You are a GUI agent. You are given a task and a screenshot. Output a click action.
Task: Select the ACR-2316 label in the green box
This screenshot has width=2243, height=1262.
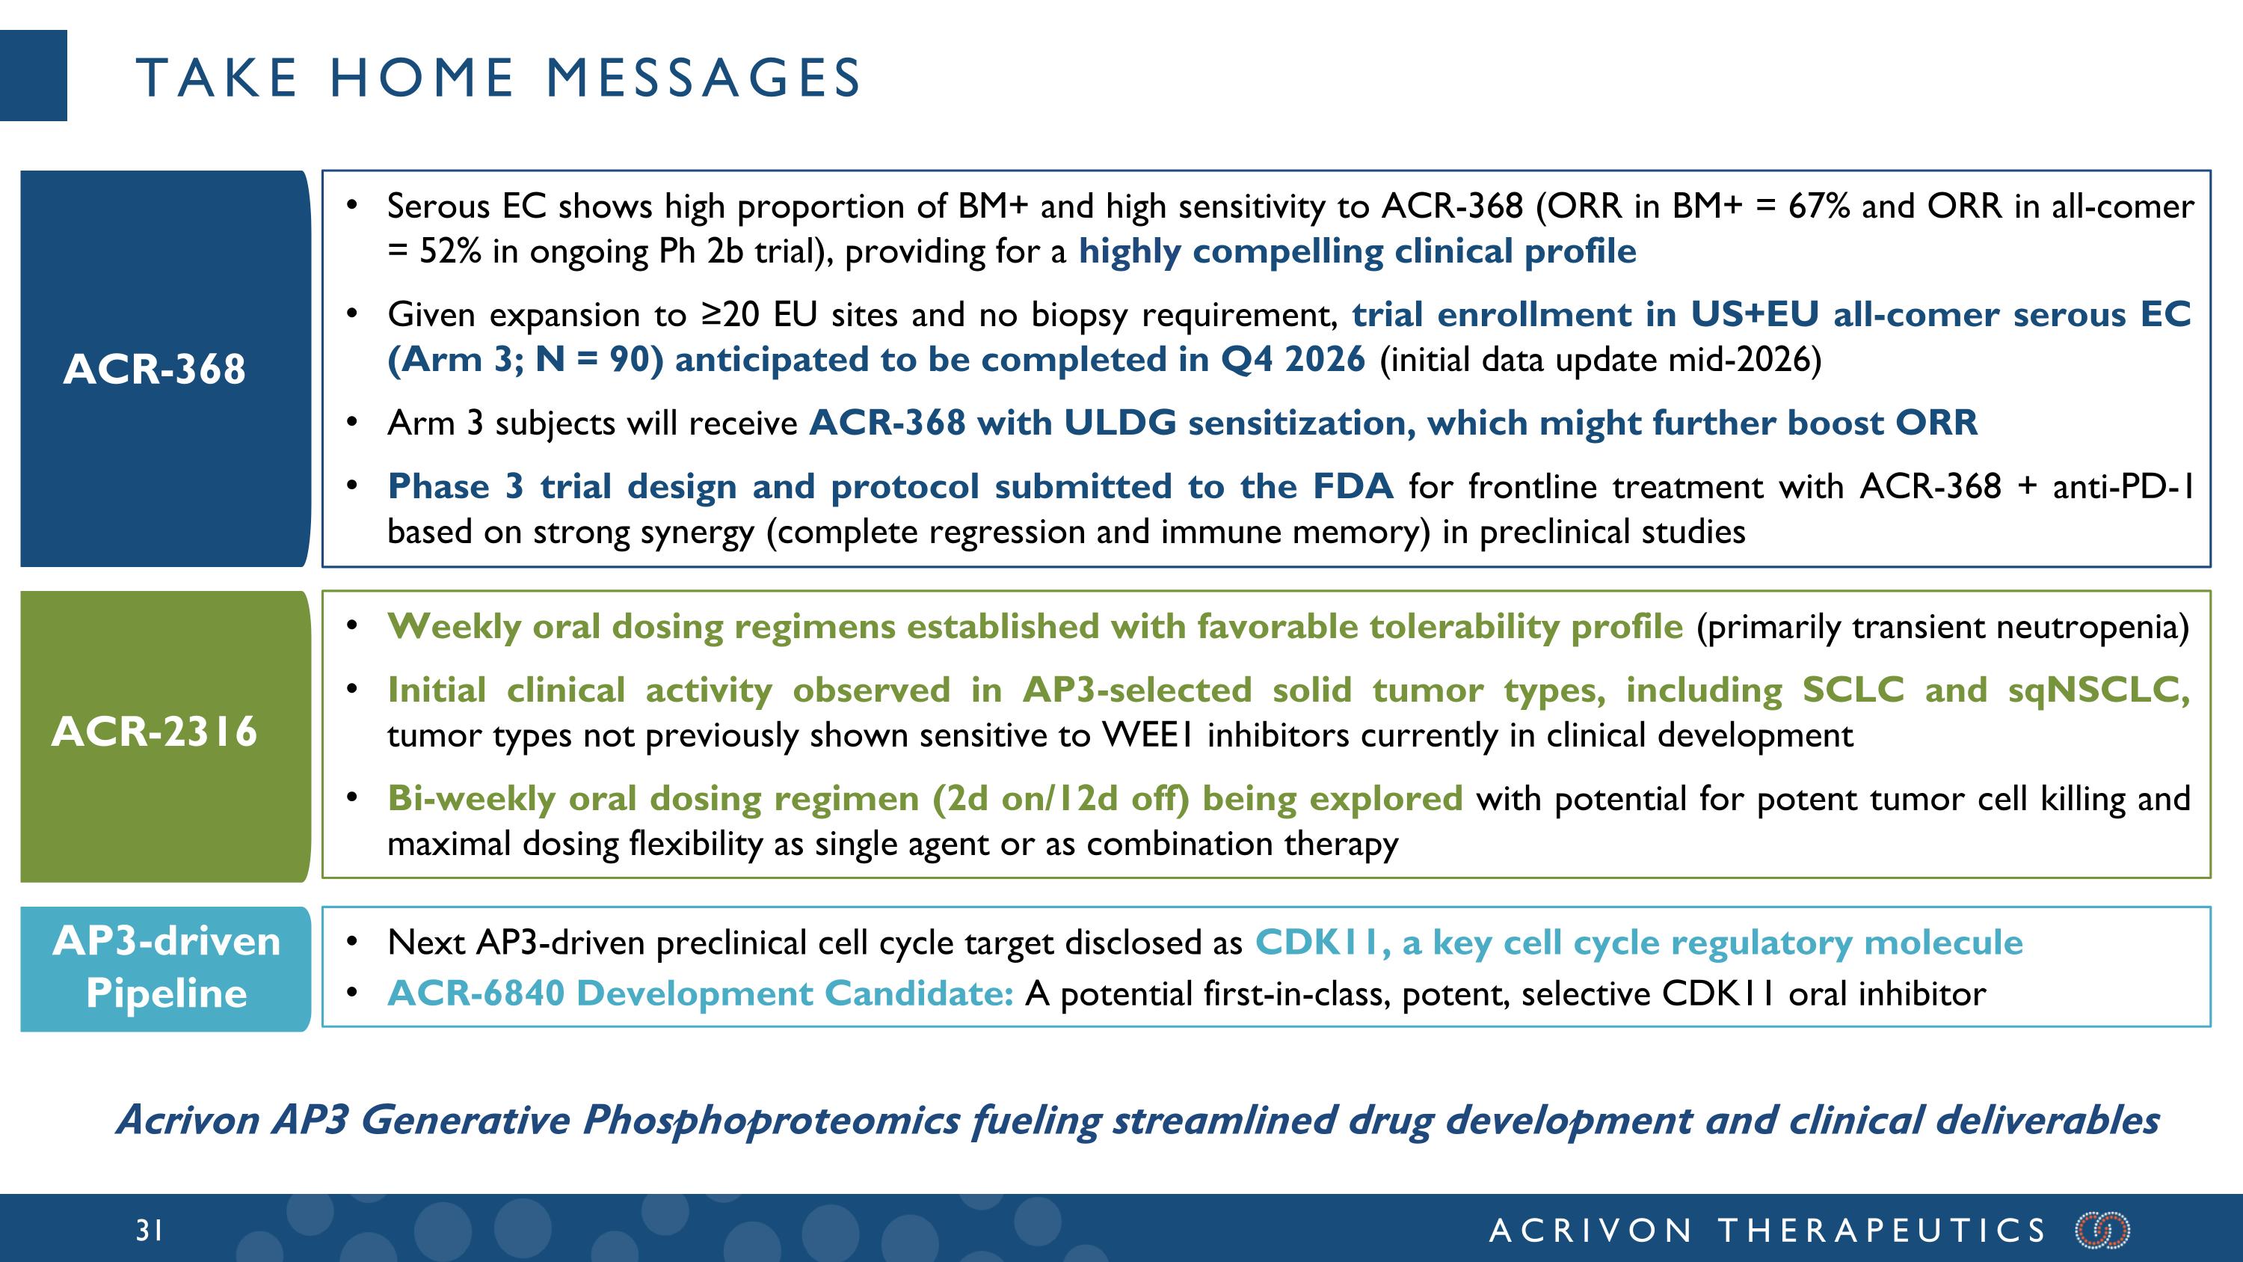[x=154, y=731]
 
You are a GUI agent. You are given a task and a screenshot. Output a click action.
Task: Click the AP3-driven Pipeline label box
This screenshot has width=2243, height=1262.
[x=165, y=967]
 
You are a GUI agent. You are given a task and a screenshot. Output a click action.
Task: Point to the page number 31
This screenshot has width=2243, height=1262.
[x=149, y=1230]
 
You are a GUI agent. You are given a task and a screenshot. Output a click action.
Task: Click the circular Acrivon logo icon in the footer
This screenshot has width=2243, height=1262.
[x=2102, y=1230]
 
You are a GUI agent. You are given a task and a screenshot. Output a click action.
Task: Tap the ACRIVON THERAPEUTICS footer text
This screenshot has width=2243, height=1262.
[x=1767, y=1230]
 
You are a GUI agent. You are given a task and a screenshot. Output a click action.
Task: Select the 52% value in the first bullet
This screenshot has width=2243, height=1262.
[x=449, y=251]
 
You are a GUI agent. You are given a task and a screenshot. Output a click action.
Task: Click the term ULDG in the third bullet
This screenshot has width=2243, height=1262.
[x=1120, y=423]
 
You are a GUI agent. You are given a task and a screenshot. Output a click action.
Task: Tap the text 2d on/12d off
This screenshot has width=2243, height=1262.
[x=1060, y=799]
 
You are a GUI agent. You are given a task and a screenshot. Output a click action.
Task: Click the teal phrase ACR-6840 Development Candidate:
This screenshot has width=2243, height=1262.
[x=700, y=993]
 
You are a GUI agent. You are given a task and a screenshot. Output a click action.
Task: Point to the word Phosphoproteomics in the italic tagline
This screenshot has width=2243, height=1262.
[x=771, y=1120]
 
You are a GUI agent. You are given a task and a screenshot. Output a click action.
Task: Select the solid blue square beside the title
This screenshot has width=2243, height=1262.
[x=33, y=76]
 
